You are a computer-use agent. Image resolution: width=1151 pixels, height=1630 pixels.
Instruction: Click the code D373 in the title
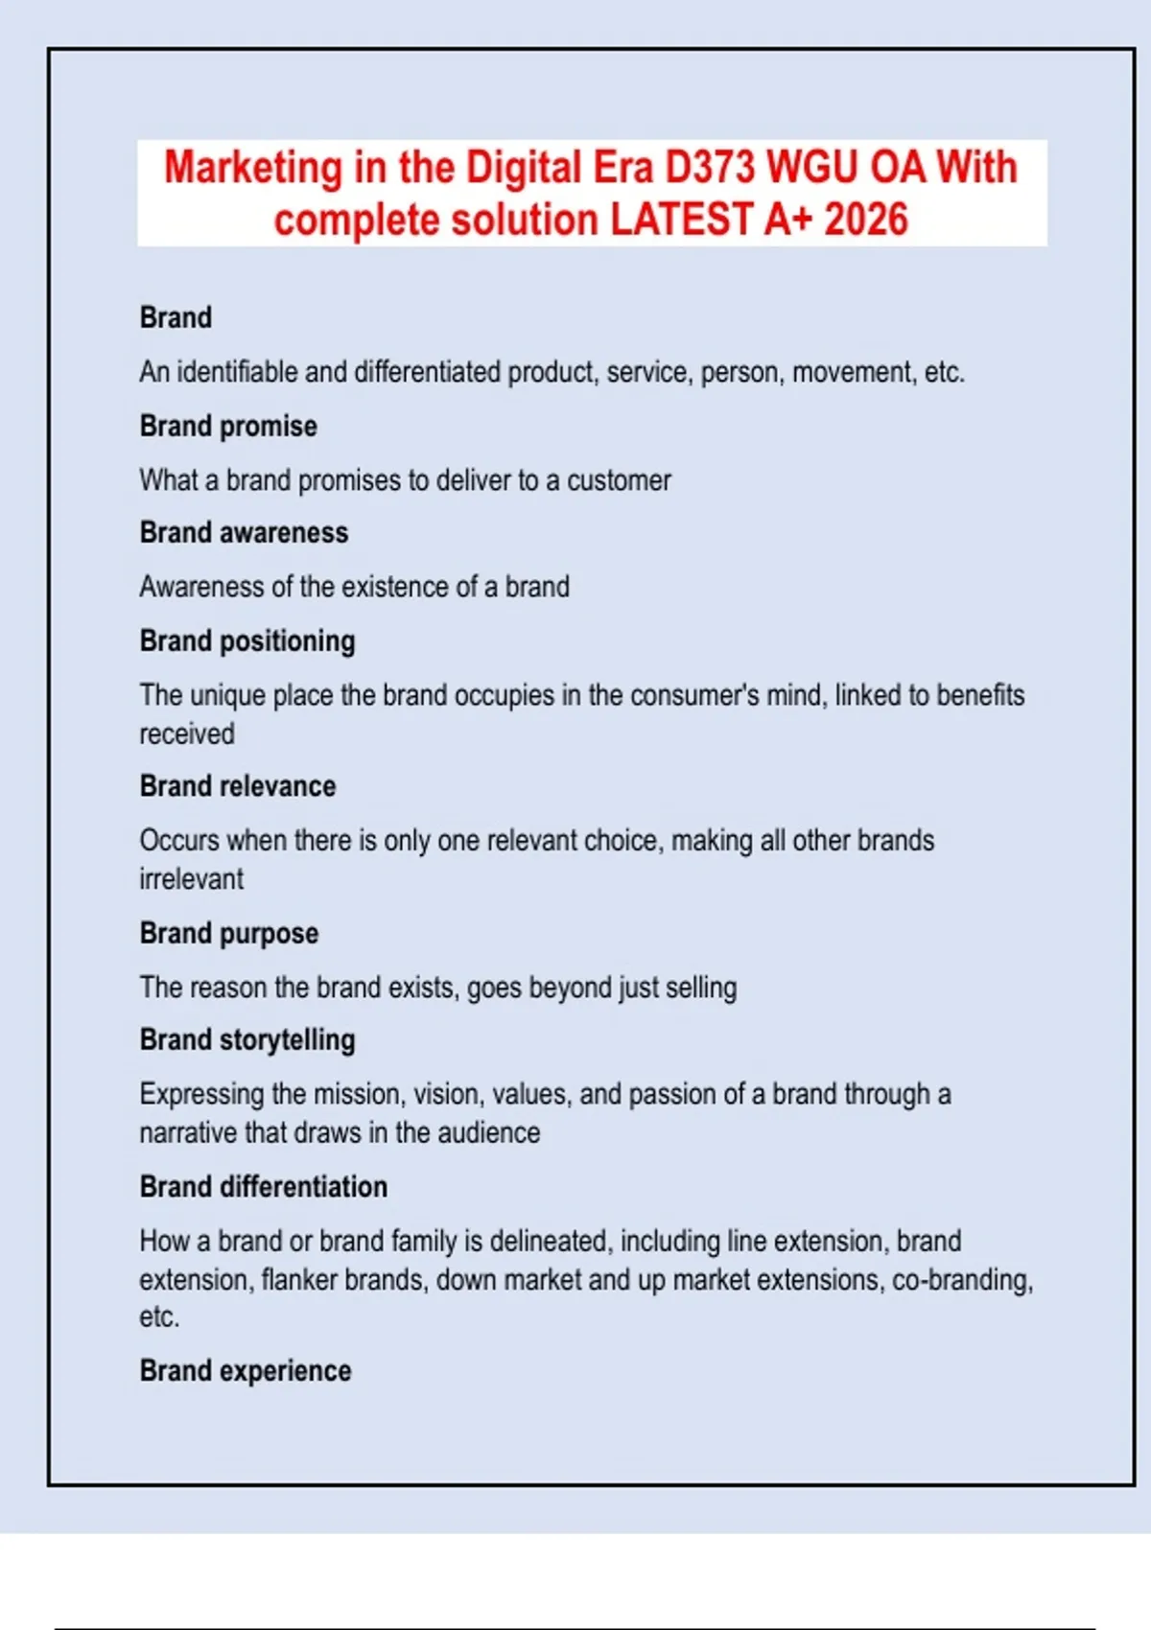tap(710, 168)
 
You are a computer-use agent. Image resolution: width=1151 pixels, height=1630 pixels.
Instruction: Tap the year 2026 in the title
tap(865, 220)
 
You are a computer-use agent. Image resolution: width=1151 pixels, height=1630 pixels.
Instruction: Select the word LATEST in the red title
tap(680, 220)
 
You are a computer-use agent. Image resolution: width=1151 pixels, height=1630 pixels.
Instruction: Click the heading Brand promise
tap(228, 426)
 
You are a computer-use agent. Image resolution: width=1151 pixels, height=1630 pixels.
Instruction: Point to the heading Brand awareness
tap(244, 532)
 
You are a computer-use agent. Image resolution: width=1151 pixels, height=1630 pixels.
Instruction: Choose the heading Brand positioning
tap(247, 640)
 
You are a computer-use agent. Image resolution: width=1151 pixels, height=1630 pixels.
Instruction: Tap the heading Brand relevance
tap(238, 786)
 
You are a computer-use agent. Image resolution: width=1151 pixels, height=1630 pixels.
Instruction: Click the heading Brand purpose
tap(229, 933)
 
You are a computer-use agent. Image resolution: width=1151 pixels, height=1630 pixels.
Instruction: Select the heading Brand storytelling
tap(247, 1040)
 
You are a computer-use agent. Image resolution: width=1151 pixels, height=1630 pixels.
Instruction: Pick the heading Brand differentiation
tap(264, 1187)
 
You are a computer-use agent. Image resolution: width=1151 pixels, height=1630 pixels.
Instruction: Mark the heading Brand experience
tap(246, 1371)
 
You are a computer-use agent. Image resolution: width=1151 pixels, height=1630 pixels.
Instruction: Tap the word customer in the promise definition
tap(619, 480)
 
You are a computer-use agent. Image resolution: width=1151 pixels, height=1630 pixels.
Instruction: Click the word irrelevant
tap(192, 879)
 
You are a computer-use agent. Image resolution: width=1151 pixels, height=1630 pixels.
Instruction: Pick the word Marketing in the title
tap(253, 168)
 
